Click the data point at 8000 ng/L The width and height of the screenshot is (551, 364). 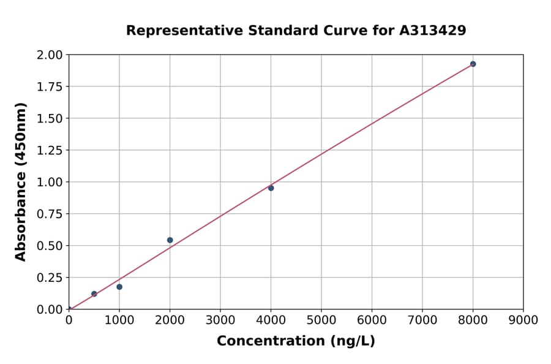[x=473, y=64]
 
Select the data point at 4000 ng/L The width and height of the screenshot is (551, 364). [x=271, y=188]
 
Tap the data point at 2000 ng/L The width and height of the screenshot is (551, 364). [x=170, y=240]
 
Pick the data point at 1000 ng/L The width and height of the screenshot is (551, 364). [x=119, y=287]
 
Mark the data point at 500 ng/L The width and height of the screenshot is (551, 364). [x=94, y=294]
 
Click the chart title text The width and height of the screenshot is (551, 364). [x=296, y=31]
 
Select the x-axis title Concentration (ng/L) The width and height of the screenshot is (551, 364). [x=296, y=341]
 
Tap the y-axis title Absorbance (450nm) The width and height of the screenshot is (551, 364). [x=21, y=182]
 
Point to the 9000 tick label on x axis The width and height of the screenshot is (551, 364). [x=523, y=320]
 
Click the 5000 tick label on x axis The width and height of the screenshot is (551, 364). [x=321, y=320]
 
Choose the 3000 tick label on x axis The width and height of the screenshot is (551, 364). [x=220, y=320]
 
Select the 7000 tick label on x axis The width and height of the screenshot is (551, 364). [x=422, y=320]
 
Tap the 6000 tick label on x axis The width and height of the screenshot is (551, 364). [x=372, y=320]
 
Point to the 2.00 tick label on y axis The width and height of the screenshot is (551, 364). [x=50, y=55]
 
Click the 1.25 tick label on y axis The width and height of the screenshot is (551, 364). [x=50, y=151]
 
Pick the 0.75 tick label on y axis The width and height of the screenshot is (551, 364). [x=50, y=214]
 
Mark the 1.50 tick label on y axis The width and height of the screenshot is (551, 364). [x=50, y=119]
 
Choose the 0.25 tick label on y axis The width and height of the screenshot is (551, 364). [x=50, y=278]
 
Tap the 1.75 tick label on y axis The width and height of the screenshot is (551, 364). [x=50, y=87]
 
